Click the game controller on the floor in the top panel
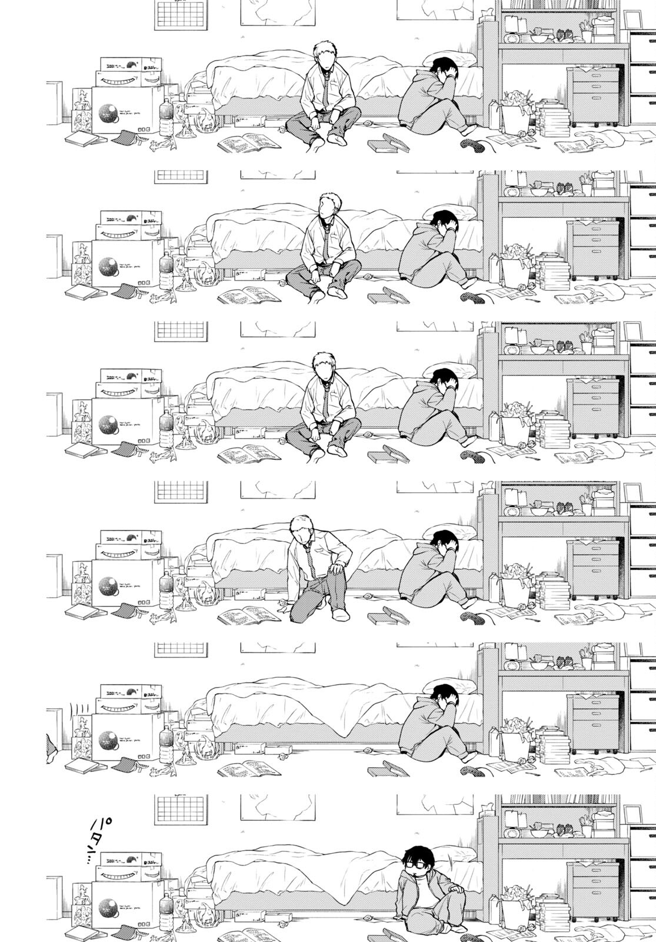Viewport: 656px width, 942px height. tap(471, 143)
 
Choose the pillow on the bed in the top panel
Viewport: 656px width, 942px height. tap(453, 59)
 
